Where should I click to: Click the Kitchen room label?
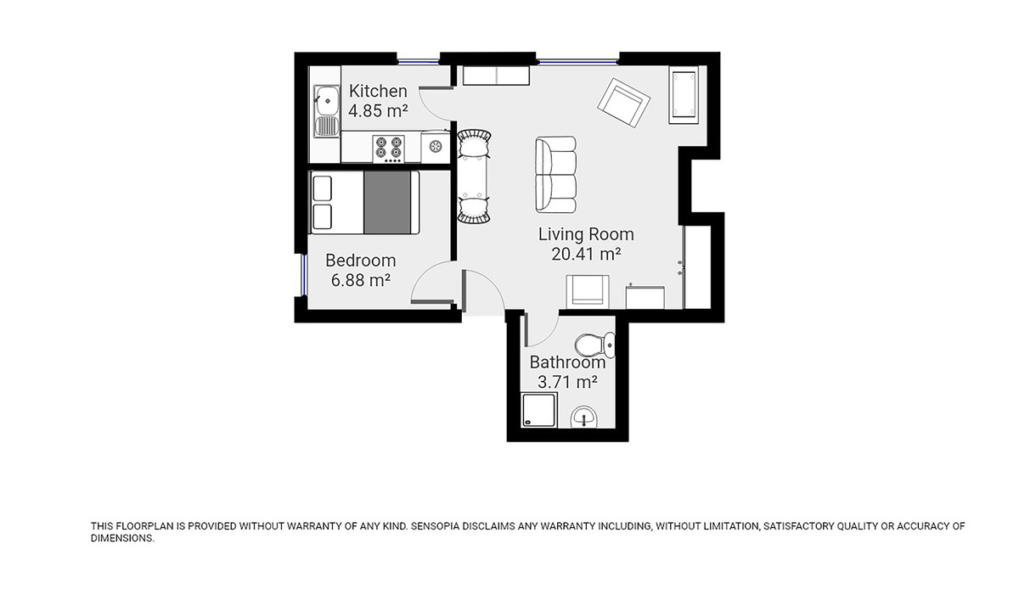click(378, 91)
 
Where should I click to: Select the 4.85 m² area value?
click(378, 110)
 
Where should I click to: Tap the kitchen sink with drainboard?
click(324, 111)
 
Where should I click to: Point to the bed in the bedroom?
click(365, 202)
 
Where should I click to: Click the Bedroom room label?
click(360, 261)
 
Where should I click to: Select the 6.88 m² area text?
click(360, 280)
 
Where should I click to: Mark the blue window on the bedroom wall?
click(303, 275)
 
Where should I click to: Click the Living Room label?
click(586, 234)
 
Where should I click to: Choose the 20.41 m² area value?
click(586, 254)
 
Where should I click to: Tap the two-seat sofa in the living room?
click(556, 175)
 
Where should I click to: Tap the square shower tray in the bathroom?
click(538, 412)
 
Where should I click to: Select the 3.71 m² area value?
click(567, 382)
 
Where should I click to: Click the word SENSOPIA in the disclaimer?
click(440, 527)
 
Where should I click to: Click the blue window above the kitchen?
click(419, 59)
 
